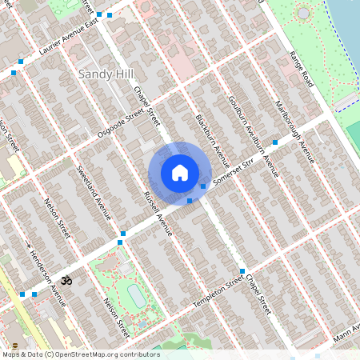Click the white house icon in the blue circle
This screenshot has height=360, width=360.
coord(180,172)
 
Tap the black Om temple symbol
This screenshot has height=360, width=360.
coord(66,280)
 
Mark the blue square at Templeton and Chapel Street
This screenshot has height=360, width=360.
coord(242,271)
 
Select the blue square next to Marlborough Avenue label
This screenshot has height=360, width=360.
coord(275,142)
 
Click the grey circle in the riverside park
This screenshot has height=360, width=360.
coord(302,14)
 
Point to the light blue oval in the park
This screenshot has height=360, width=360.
coord(137,297)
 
